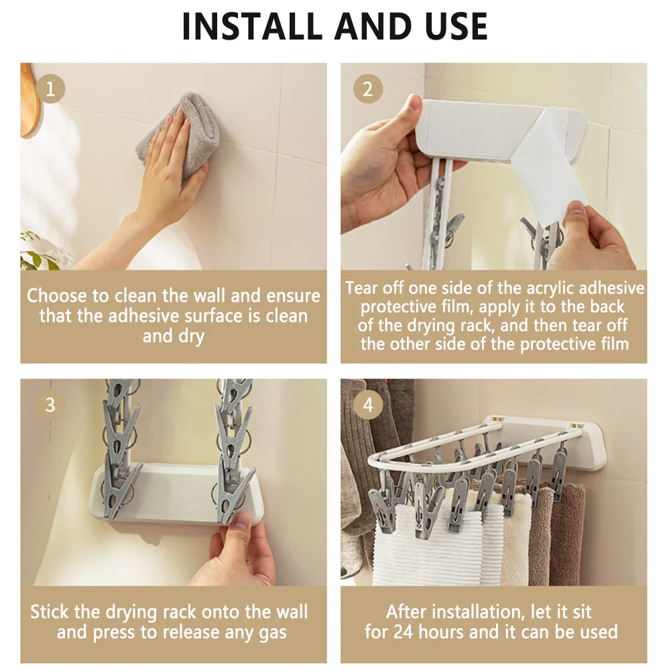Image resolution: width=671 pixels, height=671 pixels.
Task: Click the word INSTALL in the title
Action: click(252, 26)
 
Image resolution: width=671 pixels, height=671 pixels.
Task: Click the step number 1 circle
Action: click(50, 89)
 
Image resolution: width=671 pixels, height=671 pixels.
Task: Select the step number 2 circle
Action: click(368, 89)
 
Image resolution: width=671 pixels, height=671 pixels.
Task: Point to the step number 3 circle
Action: click(50, 405)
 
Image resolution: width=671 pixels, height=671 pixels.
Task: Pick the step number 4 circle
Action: click(368, 405)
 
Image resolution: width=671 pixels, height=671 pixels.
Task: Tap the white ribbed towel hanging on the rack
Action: click(436, 544)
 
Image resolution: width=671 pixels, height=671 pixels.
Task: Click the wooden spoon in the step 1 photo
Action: click(29, 99)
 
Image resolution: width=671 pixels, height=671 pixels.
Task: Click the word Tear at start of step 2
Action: click(362, 288)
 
